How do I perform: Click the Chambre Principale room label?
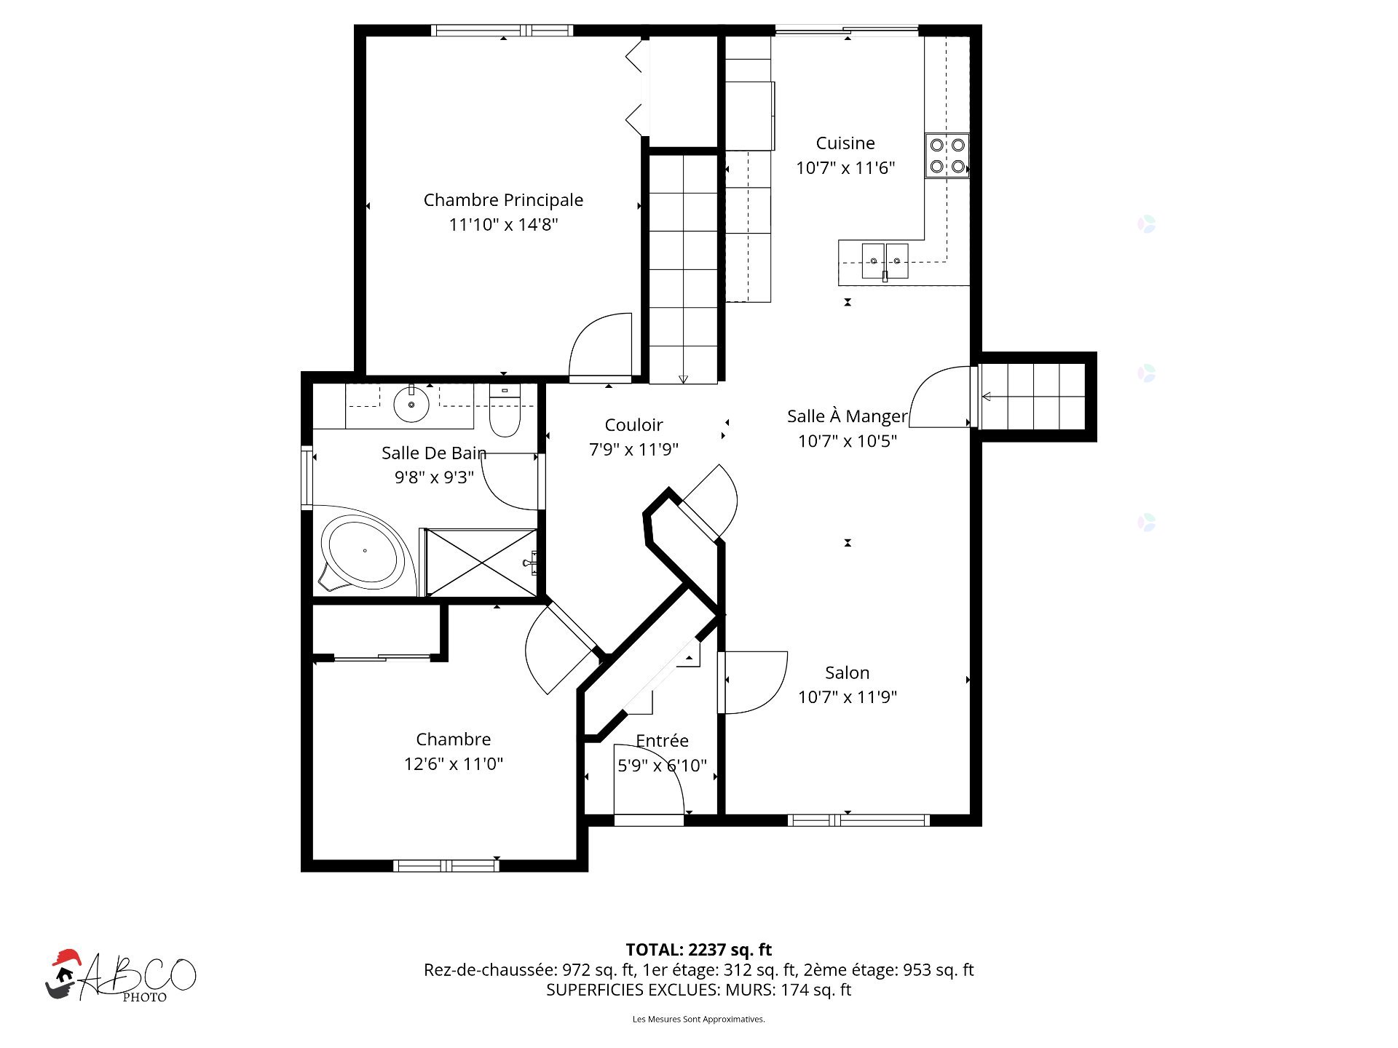pos(503,200)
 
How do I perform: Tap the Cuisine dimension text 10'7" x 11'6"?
pos(845,168)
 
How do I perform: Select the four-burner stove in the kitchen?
pos(947,155)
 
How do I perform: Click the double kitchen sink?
pos(885,261)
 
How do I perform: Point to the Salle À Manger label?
pos(848,416)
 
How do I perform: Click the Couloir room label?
pos(633,425)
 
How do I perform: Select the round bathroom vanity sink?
pos(411,404)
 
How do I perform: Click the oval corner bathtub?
pos(364,552)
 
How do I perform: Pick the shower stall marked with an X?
pos(481,563)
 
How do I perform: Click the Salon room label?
pos(847,672)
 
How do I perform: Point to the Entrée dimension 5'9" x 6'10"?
pos(662,766)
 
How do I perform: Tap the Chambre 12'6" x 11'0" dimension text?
pos(454,764)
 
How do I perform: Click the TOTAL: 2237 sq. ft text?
pos(699,950)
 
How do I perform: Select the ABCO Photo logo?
pos(120,976)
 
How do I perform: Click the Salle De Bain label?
pos(434,453)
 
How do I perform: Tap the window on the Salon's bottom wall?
pos(858,820)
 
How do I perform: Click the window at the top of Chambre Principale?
pos(502,31)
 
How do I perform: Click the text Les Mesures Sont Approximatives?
pos(698,1019)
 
